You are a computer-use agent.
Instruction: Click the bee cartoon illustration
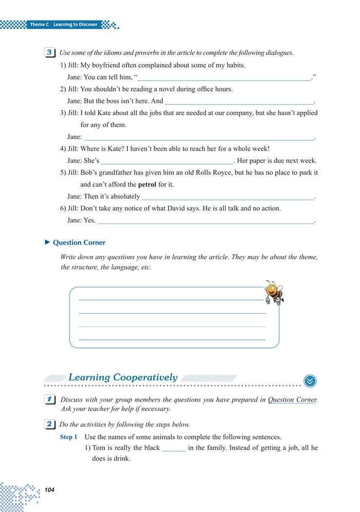pyautogui.click(x=273, y=292)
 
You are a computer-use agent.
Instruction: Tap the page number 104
pyautogui.click(x=49, y=490)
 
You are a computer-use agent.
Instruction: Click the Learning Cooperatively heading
pyautogui.click(x=123, y=377)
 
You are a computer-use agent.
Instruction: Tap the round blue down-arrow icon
pyautogui.click(x=310, y=381)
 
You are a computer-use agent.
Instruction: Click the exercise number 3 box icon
pyautogui.click(x=50, y=52)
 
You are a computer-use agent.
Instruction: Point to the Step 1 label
pyautogui.click(x=69, y=437)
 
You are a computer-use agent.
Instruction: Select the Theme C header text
pyautogui.click(x=64, y=24)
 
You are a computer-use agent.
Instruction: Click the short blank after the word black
pyautogui.click(x=174, y=448)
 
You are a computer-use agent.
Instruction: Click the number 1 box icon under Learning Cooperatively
pyautogui.click(x=50, y=399)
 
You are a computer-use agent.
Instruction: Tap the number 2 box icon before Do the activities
pyautogui.click(x=50, y=425)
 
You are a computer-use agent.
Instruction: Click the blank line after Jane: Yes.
pyautogui.click(x=205, y=221)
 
